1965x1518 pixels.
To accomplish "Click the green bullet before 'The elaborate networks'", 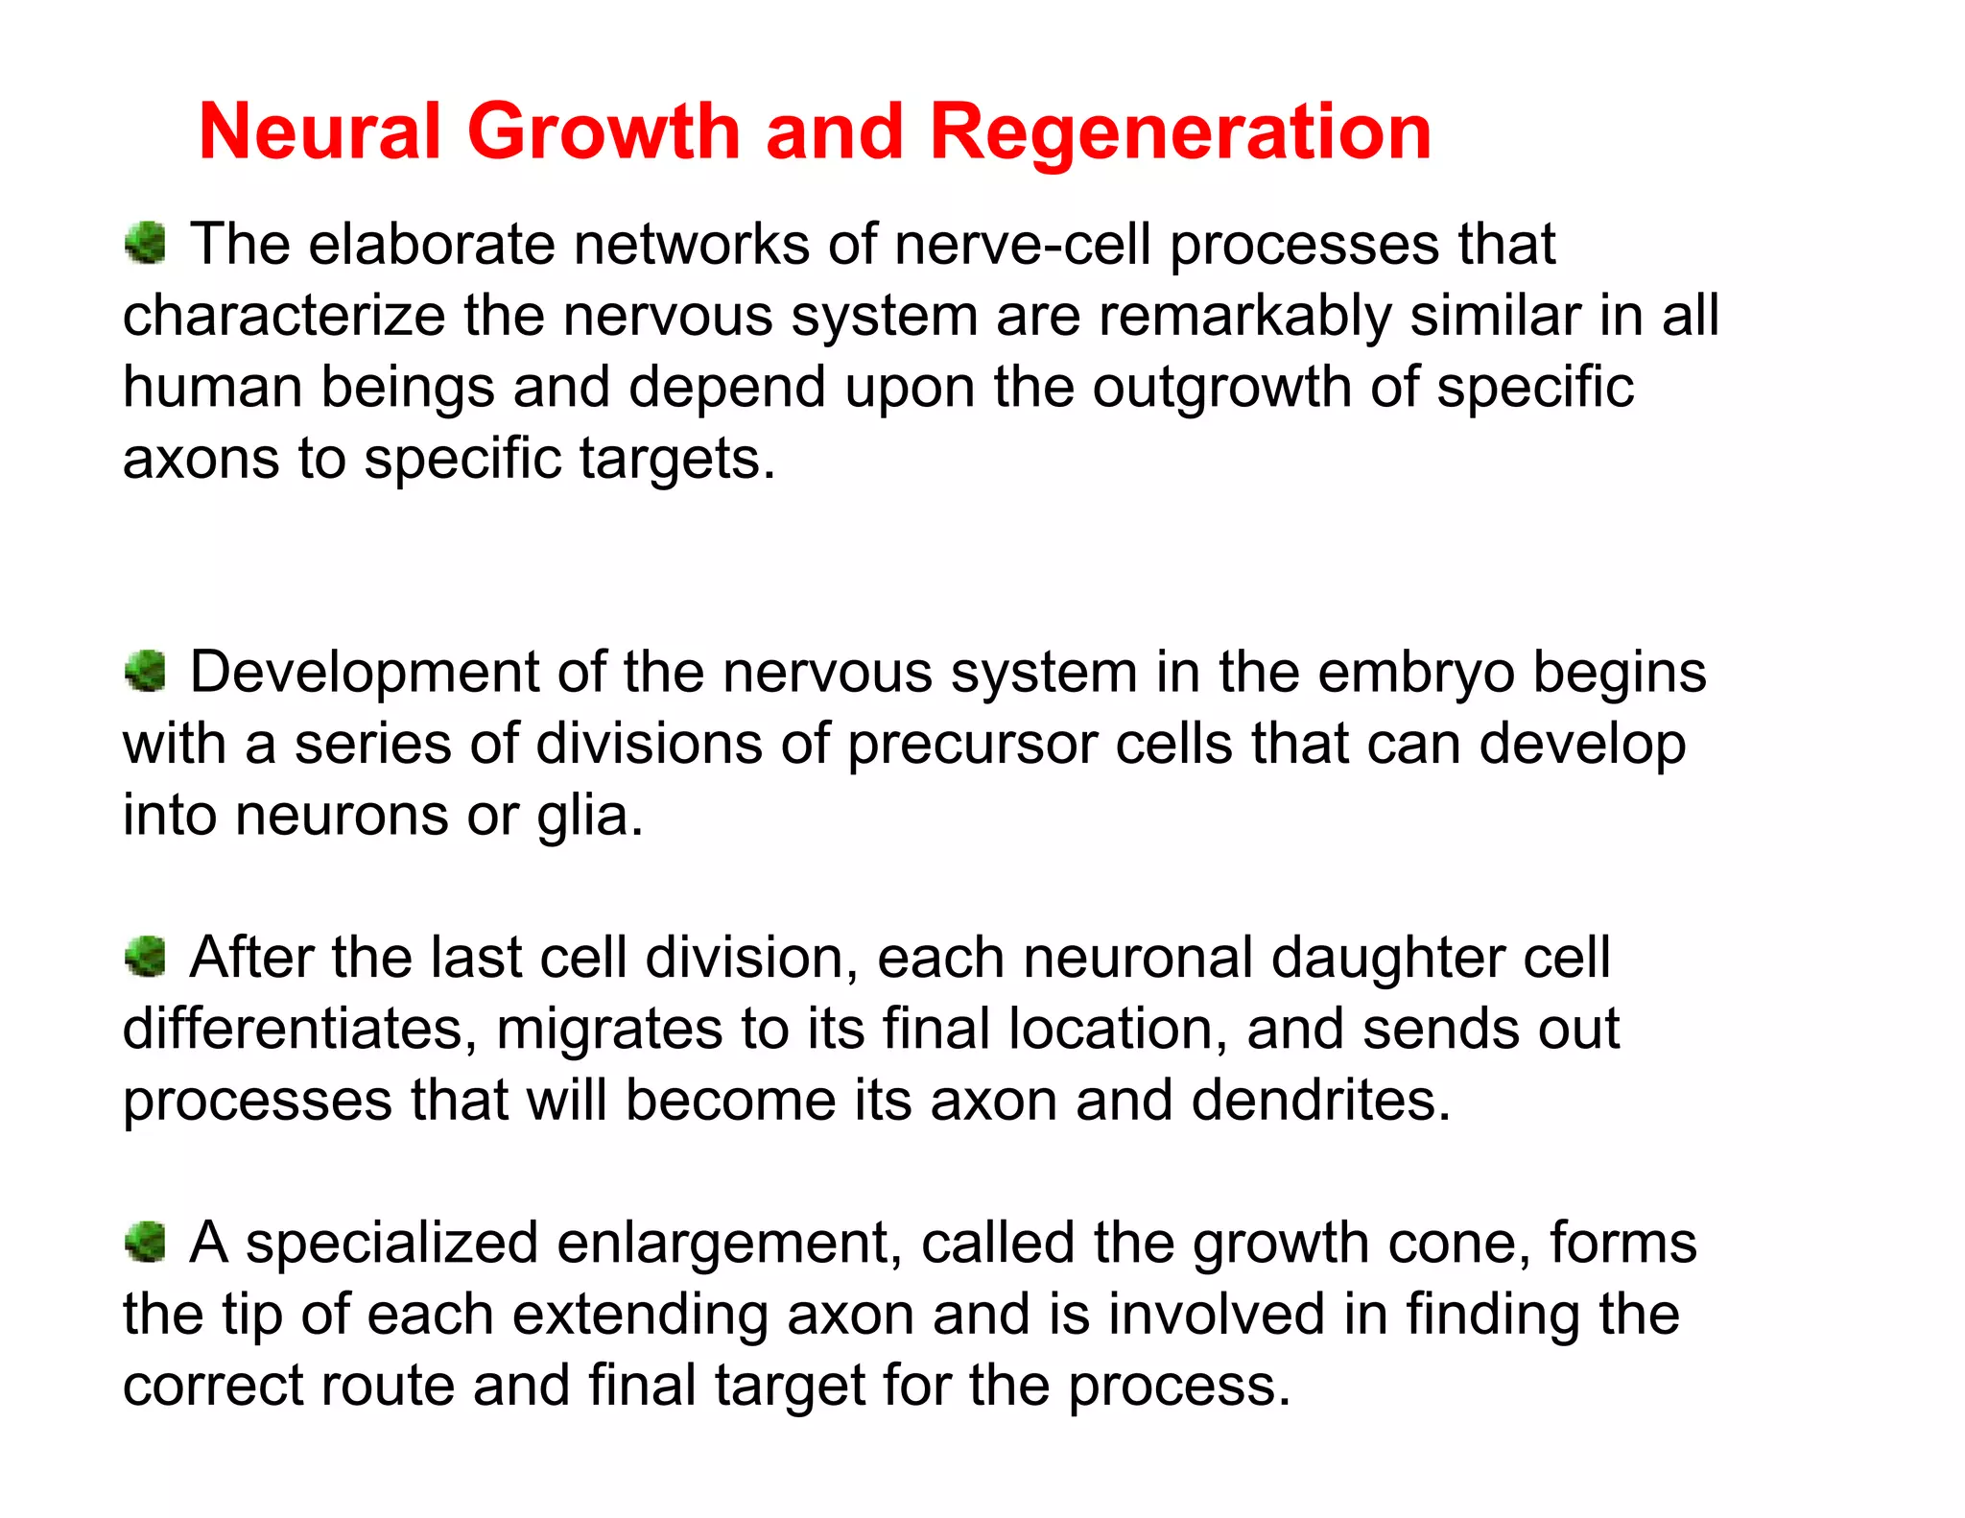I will (146, 242).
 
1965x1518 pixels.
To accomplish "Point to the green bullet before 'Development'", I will (146, 670).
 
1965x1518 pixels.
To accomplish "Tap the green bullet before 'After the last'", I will (146, 956).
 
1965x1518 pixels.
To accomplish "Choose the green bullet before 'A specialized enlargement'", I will (146, 1242).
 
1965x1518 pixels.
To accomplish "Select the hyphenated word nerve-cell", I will (1023, 245).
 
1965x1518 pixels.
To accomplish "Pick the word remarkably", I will (1244, 316).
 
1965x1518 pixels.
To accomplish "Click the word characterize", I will (284, 316).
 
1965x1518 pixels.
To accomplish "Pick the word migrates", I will (609, 1030).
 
